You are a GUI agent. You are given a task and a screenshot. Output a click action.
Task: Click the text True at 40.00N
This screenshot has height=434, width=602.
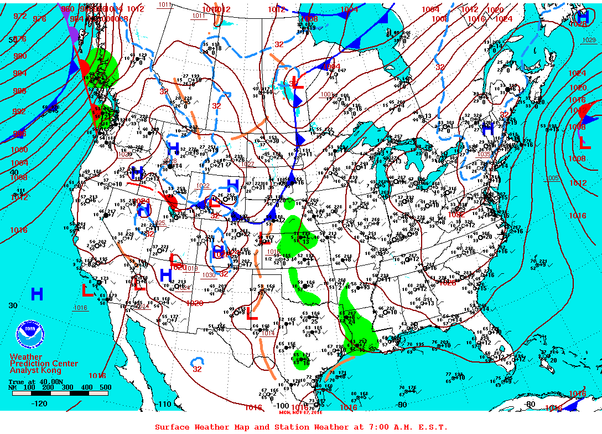point(28,382)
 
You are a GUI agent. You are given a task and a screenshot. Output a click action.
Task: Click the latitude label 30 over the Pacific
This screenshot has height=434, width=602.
point(13,305)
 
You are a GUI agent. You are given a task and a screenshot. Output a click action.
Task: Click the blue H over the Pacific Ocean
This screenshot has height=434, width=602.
point(37,294)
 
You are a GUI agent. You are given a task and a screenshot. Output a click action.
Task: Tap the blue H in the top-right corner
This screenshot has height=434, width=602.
point(582,17)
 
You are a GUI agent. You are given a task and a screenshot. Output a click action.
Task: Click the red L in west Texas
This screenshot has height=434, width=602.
point(252,313)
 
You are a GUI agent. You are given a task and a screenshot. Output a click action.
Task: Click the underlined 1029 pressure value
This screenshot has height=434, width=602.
point(589,39)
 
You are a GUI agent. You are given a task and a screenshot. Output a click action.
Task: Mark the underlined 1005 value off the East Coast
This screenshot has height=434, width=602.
point(552,178)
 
